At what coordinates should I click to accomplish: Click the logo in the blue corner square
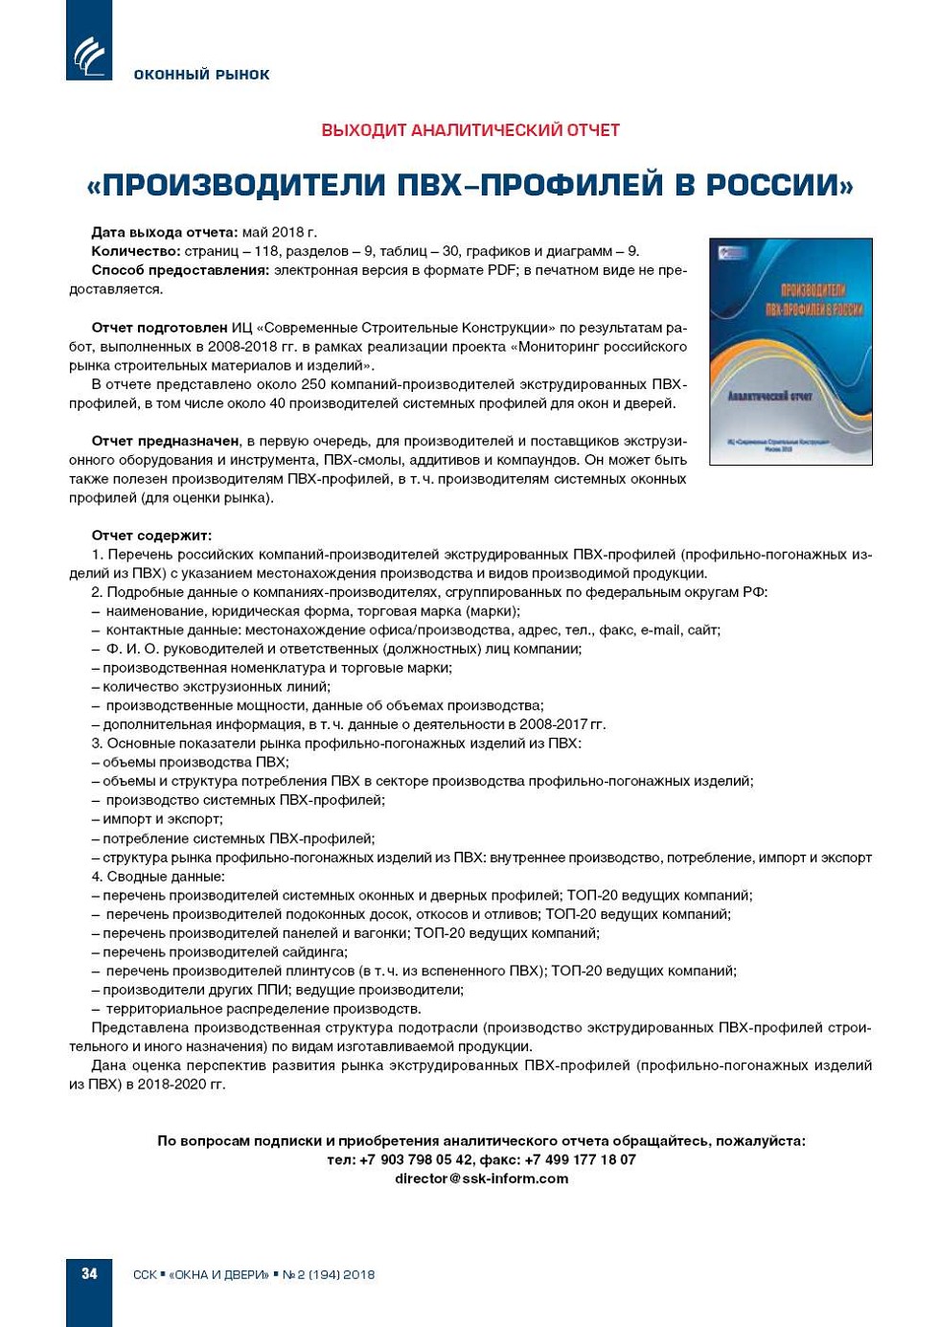click(x=89, y=56)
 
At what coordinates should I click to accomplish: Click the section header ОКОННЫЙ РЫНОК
click(x=201, y=75)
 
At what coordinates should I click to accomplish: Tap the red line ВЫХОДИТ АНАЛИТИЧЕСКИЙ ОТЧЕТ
click(x=470, y=130)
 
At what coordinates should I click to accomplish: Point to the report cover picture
click(x=790, y=352)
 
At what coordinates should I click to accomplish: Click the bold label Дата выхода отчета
click(x=164, y=232)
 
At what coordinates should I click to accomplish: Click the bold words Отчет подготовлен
click(x=159, y=328)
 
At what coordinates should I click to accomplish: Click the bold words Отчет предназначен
click(x=165, y=441)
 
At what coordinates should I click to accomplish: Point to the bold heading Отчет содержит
click(x=151, y=536)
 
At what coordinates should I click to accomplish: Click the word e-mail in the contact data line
click(x=661, y=629)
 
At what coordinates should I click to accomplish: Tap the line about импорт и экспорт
click(x=162, y=819)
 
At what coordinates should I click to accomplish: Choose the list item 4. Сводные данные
click(x=158, y=876)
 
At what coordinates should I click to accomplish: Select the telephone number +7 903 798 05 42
click(x=416, y=1159)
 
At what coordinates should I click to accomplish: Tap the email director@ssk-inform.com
click(x=481, y=1178)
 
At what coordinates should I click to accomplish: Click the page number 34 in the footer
click(x=89, y=1273)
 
